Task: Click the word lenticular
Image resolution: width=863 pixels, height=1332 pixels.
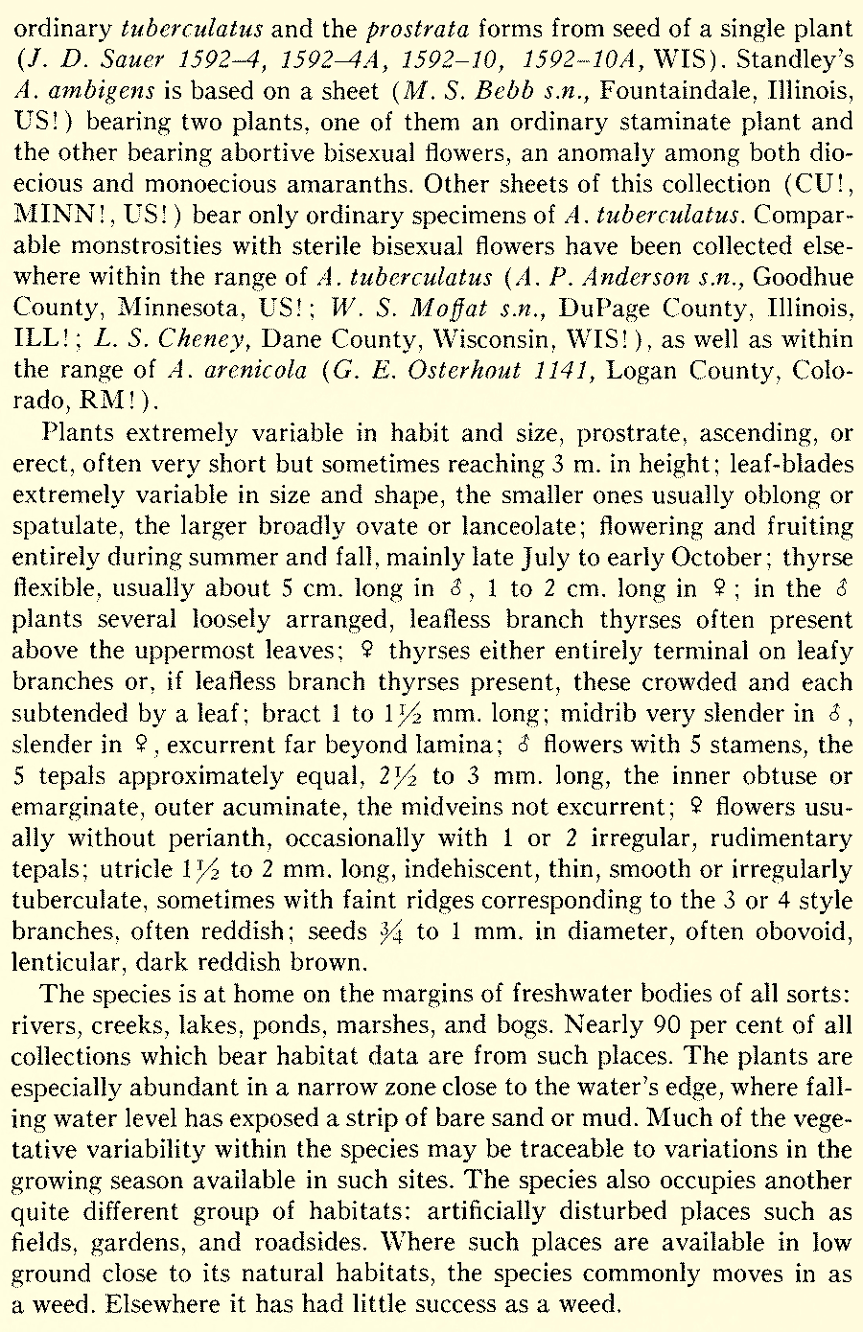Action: tap(66, 961)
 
